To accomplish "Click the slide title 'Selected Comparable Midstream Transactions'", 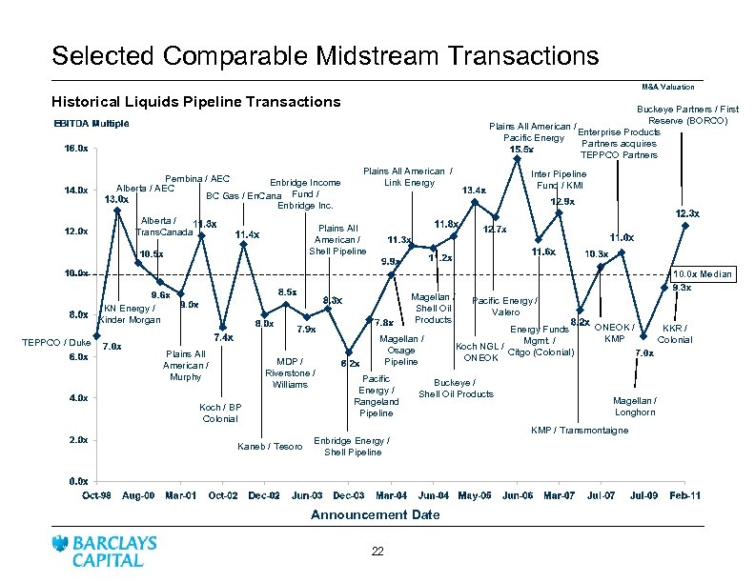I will tap(325, 54).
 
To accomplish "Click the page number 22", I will tap(377, 553).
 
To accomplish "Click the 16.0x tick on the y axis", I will tap(76, 149).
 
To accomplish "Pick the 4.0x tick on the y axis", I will tap(76, 398).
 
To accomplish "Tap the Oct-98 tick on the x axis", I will tap(97, 496).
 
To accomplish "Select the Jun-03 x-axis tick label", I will tap(307, 496).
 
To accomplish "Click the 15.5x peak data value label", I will tap(521, 150).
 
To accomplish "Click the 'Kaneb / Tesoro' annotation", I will tap(269, 447).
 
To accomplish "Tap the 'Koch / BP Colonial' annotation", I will tap(220, 413).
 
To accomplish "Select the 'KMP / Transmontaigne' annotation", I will tap(580, 431).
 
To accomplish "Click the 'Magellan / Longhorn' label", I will tap(634, 407).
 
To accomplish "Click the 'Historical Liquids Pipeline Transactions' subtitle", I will tap(195, 101).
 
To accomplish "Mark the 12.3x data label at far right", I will tap(687, 212).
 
